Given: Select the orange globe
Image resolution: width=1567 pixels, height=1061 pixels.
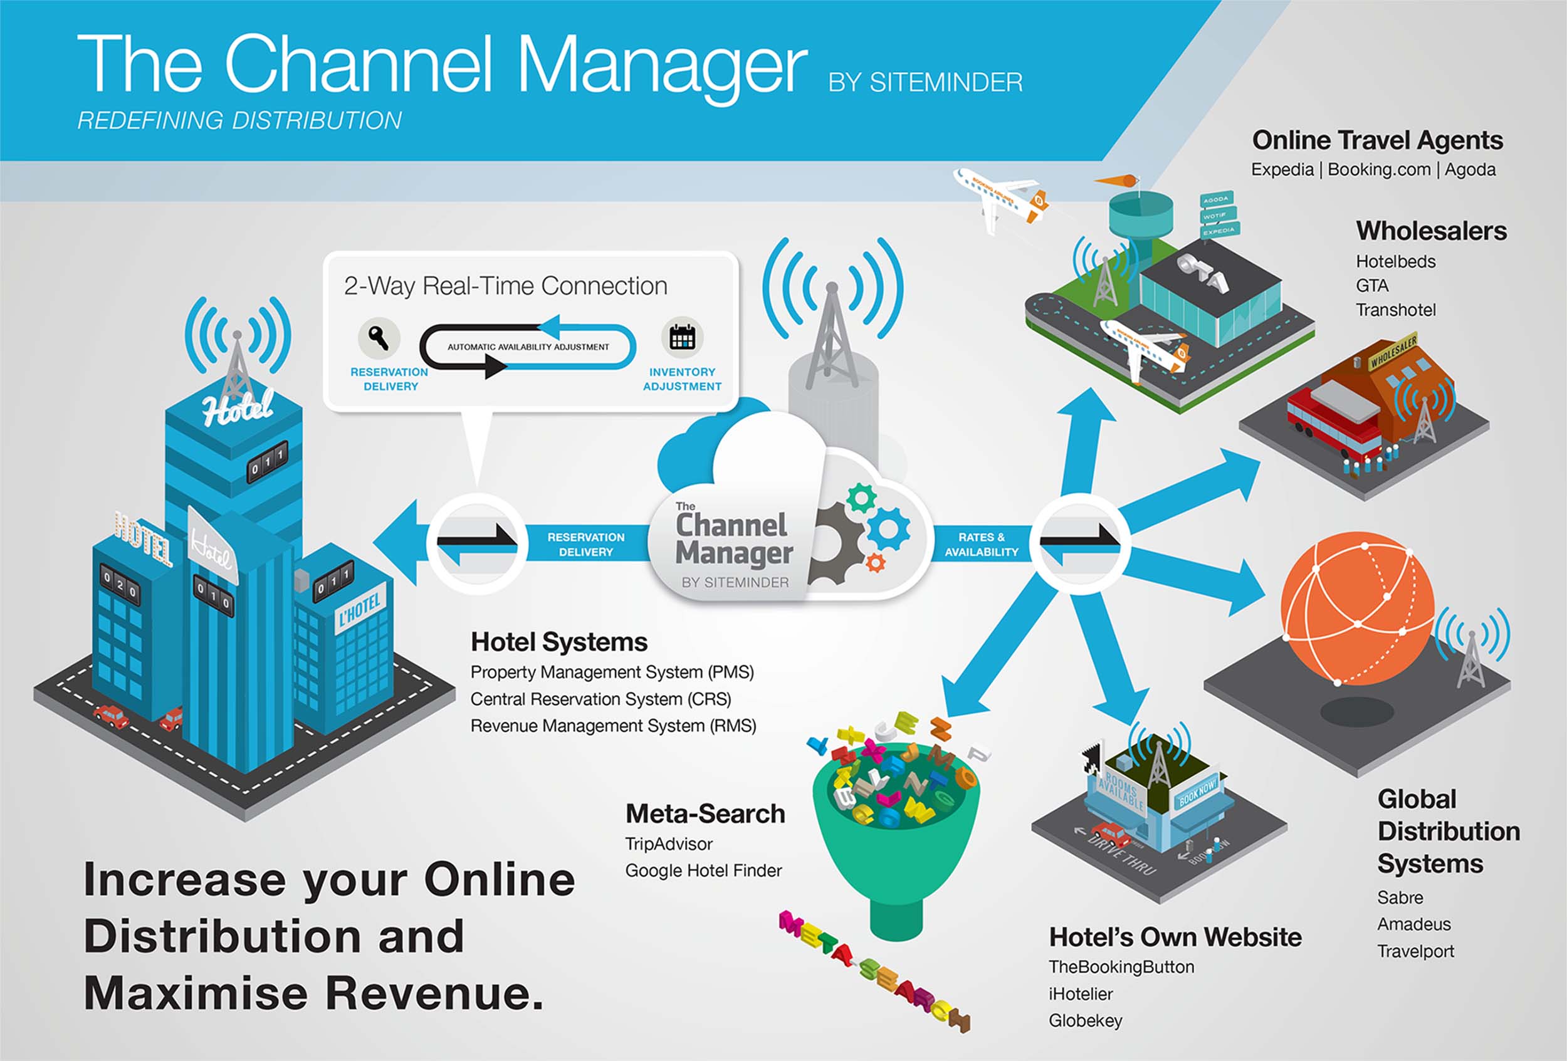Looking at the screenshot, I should [1356, 608].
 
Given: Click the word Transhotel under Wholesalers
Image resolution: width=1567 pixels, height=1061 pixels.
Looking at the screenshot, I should [1396, 310].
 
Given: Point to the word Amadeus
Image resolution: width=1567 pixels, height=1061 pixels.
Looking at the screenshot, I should [1414, 924].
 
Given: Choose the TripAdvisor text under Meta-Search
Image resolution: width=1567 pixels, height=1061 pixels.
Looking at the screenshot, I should [668, 844].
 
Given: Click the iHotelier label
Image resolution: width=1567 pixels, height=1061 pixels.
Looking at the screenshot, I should [1080, 993].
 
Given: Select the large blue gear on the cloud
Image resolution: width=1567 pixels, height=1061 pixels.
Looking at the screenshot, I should [888, 529].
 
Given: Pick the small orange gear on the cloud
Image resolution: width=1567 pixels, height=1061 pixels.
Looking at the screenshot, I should [875, 562].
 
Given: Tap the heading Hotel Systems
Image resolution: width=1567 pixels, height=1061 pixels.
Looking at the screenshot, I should [559, 642].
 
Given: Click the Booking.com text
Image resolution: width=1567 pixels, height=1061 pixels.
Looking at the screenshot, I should [1378, 169].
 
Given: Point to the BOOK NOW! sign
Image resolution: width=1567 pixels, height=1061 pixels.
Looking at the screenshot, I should [1197, 793].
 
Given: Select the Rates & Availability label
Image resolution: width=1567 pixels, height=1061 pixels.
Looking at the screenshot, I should [981, 545].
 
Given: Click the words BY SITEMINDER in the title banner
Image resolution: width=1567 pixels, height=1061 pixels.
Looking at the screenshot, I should [925, 83].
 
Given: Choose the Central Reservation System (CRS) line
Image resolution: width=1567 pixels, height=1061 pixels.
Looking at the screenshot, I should [600, 699].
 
